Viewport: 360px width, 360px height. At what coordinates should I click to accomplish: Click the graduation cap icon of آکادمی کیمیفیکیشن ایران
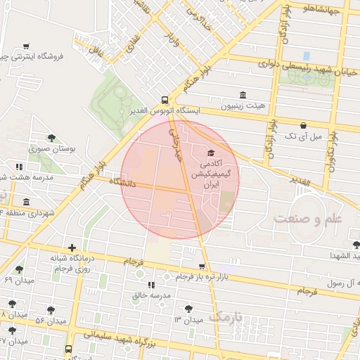210,152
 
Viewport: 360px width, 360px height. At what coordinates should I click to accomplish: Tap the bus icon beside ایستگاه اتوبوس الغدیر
164,100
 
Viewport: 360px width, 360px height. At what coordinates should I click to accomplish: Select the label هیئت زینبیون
243,105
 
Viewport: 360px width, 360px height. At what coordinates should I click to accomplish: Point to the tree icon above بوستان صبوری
51,138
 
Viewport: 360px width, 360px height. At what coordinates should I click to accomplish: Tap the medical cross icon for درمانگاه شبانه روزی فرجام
72,248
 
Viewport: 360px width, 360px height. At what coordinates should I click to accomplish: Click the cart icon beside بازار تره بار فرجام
202,266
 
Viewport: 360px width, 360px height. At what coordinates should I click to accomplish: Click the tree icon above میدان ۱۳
188,308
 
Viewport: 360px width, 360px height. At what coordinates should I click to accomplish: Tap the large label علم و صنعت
307,219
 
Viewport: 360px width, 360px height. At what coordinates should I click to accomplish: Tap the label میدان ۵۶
50,321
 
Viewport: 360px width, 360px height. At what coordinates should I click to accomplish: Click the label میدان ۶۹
19,280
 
